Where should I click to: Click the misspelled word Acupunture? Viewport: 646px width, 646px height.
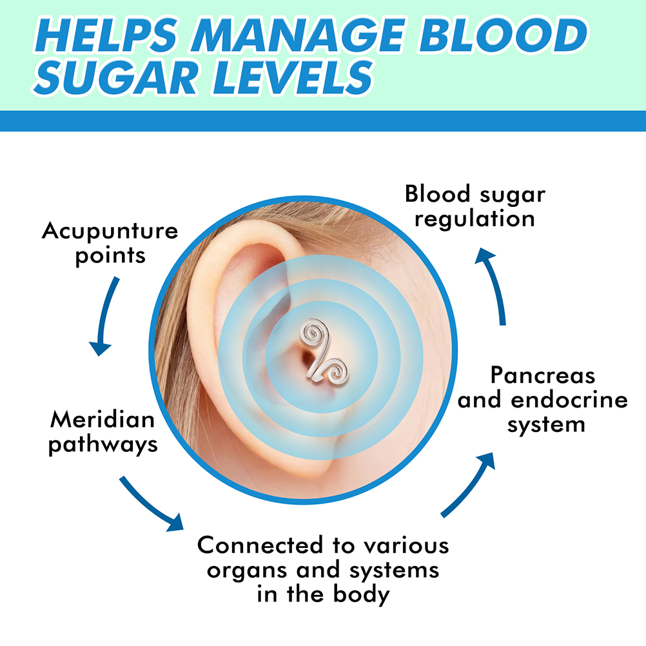tap(110, 231)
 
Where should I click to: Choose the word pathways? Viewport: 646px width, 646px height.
tap(103, 444)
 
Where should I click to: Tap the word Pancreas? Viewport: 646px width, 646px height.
tap(543, 375)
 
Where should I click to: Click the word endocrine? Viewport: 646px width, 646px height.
tap(569, 400)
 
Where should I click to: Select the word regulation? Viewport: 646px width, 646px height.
tap(475, 218)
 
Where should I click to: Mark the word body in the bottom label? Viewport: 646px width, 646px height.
tap(362, 594)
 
